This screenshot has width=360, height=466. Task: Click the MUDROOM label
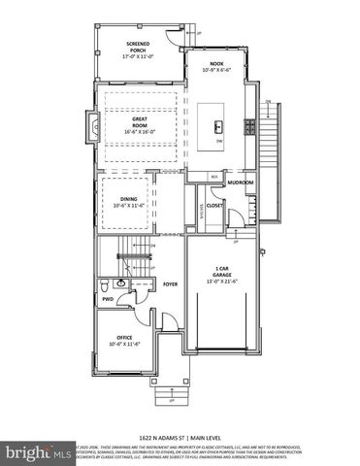[x=240, y=182]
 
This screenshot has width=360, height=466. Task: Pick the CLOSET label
[x=214, y=205]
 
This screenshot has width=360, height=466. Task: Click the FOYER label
[x=170, y=284]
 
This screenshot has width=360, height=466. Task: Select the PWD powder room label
[x=108, y=299]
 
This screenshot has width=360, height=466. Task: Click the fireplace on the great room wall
[x=90, y=125]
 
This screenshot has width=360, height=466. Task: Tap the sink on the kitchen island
[x=219, y=127]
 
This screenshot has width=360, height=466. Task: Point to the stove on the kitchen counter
[x=249, y=126]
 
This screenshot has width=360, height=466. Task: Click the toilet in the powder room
[x=105, y=285]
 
